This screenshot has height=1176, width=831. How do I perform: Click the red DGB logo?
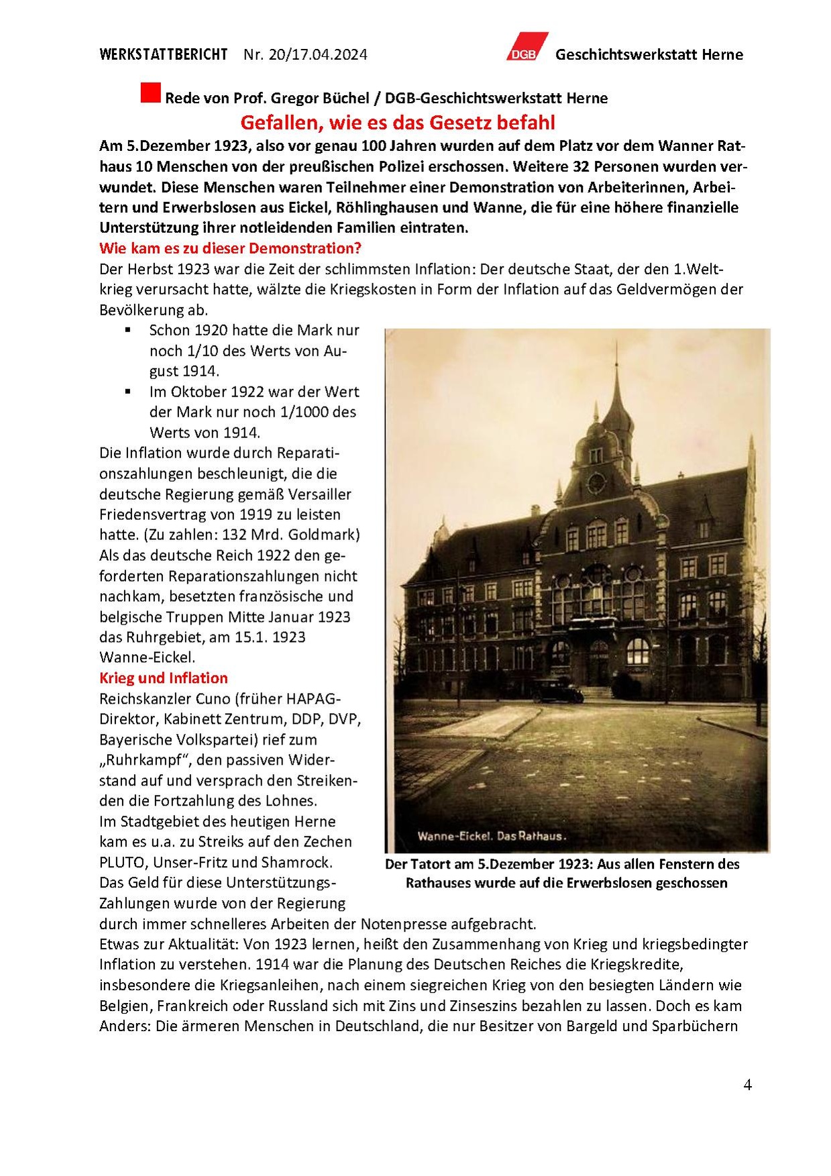(527, 47)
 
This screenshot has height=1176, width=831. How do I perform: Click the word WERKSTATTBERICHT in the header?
(163, 54)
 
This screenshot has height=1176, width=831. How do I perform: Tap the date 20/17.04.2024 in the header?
(317, 54)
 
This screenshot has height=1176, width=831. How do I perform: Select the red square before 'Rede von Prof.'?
(150, 93)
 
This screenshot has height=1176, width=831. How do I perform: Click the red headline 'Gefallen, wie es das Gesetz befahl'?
(398, 123)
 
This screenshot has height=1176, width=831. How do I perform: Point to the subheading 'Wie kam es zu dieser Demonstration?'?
(230, 248)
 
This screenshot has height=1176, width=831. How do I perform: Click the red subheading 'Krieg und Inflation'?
(164, 678)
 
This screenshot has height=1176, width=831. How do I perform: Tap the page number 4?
(747, 1085)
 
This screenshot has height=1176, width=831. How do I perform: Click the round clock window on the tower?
(596, 482)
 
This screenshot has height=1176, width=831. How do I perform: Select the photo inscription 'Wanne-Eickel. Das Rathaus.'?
(492, 836)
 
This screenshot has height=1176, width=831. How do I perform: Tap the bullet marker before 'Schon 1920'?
(127, 330)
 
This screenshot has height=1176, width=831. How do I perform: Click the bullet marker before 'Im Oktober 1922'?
(127, 392)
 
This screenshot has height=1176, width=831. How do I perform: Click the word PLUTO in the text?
(121, 862)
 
